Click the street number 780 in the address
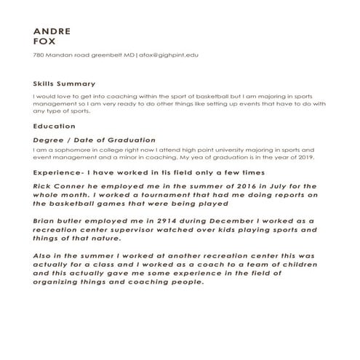pyautogui.click(x=39, y=55)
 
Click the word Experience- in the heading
pyautogui.click(x=58, y=172)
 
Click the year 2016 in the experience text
pyautogui.click(x=235, y=187)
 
